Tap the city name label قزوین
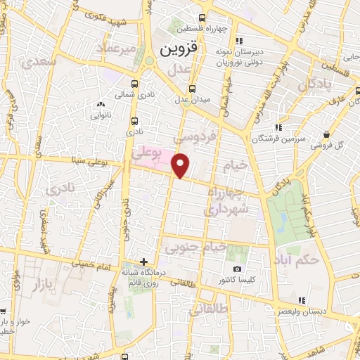179,50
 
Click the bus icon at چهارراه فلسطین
202,18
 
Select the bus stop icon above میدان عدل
193,89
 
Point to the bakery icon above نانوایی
98,105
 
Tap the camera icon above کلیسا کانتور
238,269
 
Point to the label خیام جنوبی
195,247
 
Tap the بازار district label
39,284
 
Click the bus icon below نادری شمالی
134,121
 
